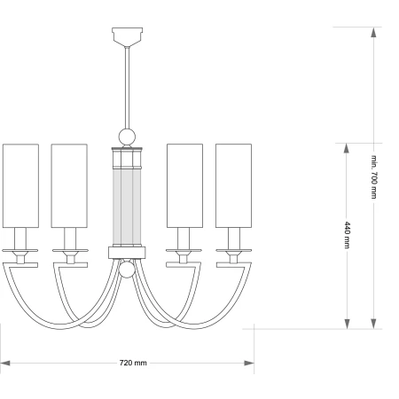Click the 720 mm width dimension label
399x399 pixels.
(x=133, y=363)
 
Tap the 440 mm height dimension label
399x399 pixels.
(x=347, y=235)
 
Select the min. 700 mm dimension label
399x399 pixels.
(x=374, y=176)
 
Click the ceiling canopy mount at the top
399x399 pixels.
(x=127, y=37)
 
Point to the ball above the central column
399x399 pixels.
(x=127, y=137)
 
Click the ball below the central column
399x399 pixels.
(x=127, y=270)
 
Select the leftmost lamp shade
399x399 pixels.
(x=20, y=186)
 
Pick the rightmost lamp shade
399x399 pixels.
(x=233, y=186)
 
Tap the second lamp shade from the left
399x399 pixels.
(x=69, y=186)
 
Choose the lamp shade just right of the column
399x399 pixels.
(x=184, y=186)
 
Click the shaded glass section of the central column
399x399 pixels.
(x=127, y=207)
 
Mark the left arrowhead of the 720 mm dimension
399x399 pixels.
(x=5, y=363)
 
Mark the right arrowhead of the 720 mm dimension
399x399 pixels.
(x=249, y=363)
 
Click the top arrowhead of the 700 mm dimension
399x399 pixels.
(x=374, y=32)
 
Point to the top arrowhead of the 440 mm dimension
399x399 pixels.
(x=347, y=148)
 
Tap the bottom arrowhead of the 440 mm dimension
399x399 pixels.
(x=347, y=324)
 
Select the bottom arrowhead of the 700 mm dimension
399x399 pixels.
(x=374, y=324)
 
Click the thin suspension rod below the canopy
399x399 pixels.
(x=127, y=88)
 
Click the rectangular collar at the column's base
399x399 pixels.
(x=127, y=253)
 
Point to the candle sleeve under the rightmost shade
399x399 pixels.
(x=234, y=239)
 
